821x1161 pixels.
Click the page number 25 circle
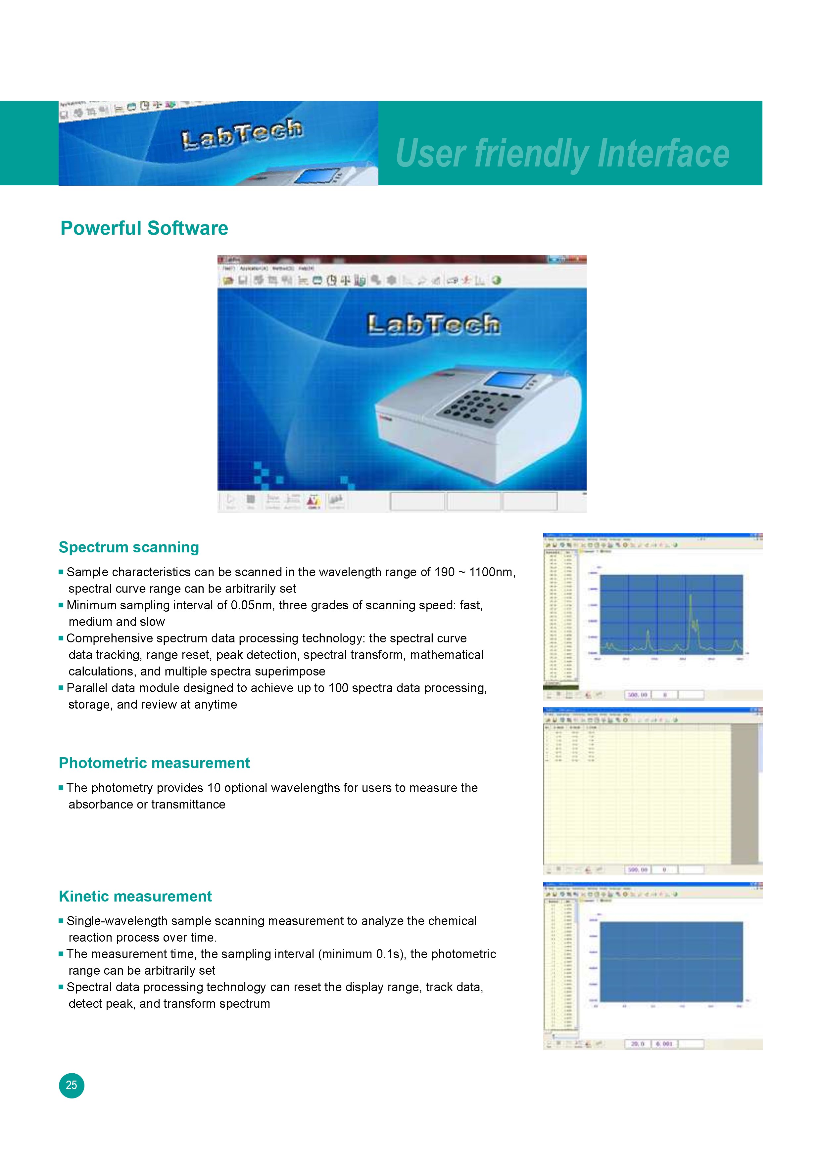pos(71,1085)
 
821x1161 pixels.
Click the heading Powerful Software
pos(144,228)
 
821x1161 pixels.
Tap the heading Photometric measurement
pos(154,763)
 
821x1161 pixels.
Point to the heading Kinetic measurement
pos(135,896)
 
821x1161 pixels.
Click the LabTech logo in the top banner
pos(242,133)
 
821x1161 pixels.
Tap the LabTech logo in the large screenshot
pos(434,325)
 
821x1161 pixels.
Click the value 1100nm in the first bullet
pos(491,572)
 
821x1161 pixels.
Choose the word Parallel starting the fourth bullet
pos(87,688)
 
